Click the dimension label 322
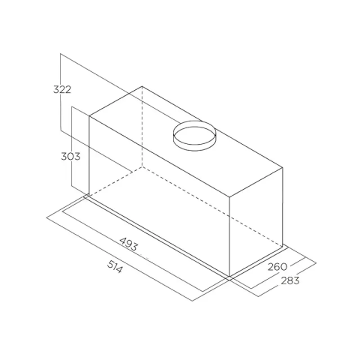coord(62,89)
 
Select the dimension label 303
coord(70,157)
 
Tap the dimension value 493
coord(128,244)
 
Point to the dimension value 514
coord(115,266)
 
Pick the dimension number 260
coord(277,267)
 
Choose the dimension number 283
coord(290,280)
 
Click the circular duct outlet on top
coord(194,136)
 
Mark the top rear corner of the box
coord(142,86)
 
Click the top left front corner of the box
coord(89,116)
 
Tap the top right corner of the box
coord(283,167)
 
